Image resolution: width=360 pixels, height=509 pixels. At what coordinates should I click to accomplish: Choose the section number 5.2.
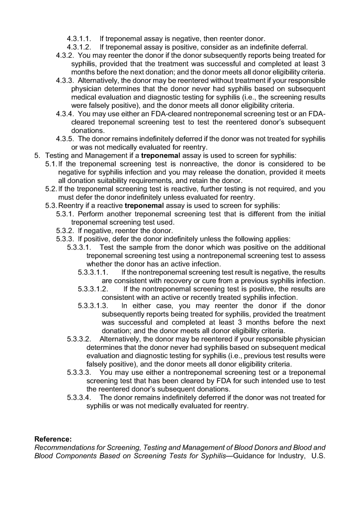coord(51,189)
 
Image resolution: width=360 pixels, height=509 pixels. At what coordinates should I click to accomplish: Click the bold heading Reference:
coord(53,439)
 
